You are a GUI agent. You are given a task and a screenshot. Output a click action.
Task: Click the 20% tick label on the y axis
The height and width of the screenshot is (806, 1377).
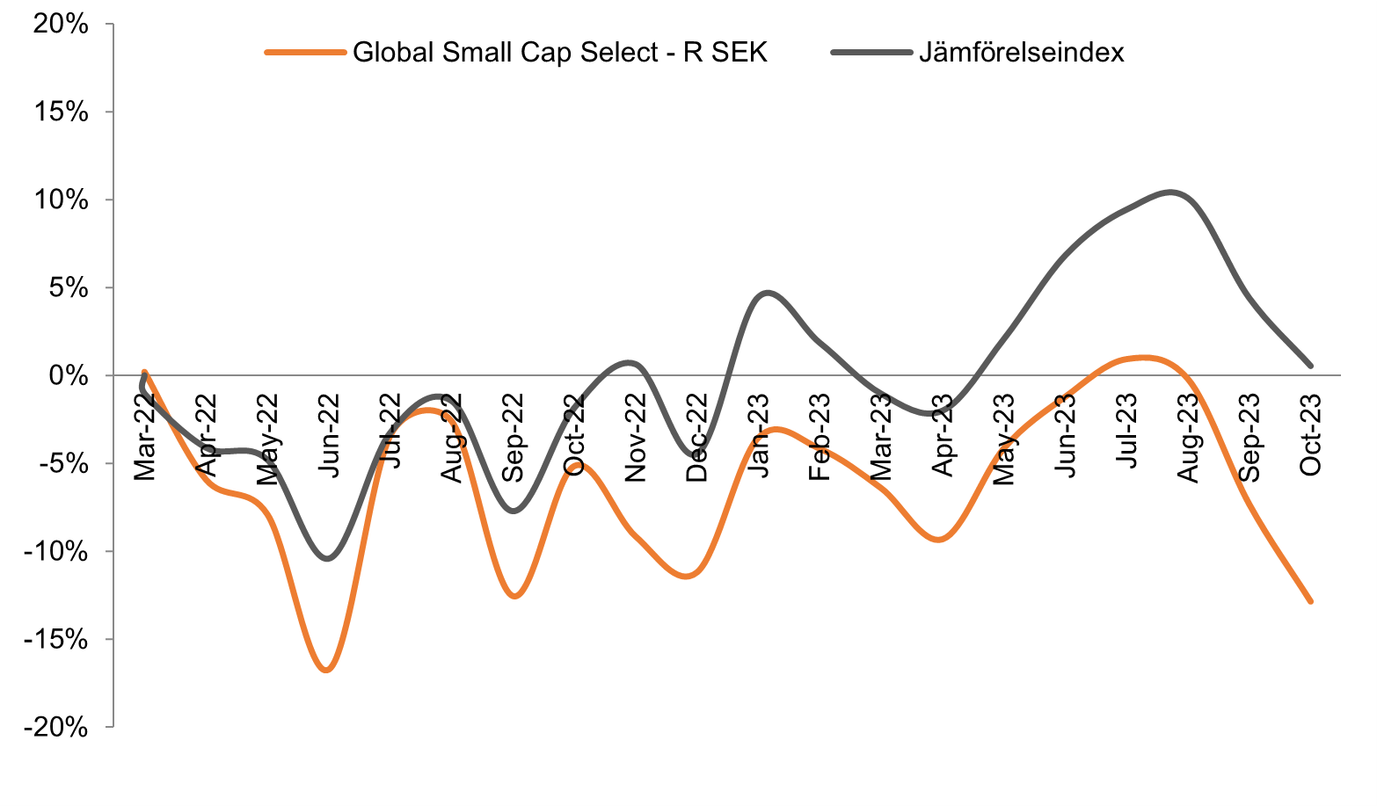[60, 25]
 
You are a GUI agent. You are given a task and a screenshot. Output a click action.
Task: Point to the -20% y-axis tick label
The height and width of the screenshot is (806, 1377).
[55, 728]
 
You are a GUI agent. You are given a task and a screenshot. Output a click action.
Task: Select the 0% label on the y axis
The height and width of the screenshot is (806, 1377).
[69, 376]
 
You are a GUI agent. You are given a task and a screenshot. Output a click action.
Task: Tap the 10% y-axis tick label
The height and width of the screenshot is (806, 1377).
[60, 200]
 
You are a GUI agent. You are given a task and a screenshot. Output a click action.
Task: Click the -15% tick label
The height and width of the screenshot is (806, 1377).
[55, 640]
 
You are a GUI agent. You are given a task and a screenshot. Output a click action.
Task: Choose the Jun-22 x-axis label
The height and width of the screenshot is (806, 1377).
[328, 436]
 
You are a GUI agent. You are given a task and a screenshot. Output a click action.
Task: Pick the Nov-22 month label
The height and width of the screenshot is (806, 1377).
[635, 437]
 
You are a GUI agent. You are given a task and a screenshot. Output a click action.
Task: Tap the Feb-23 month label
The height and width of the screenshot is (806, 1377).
[820, 437]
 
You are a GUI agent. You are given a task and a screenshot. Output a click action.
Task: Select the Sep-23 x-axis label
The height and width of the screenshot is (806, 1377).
[1249, 437]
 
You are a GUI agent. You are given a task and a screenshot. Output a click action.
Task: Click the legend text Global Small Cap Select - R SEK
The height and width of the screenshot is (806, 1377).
[559, 53]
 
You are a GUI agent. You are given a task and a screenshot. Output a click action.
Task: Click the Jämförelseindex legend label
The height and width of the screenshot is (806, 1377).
[1022, 53]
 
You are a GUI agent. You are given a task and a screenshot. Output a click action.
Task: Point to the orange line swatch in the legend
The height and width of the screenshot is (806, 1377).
[304, 53]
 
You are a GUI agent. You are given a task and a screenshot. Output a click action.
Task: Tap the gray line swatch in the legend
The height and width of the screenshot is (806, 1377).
[871, 53]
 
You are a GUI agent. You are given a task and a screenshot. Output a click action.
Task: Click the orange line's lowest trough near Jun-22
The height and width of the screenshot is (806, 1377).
[327, 671]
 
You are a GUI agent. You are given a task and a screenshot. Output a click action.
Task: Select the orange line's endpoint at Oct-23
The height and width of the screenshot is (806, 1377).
[1310, 601]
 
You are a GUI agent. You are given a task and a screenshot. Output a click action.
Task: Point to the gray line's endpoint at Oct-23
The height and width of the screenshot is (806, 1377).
[1310, 366]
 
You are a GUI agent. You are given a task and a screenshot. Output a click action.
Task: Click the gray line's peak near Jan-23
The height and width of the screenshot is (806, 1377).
[768, 293]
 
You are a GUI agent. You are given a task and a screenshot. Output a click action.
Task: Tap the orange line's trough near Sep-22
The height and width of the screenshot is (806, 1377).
[514, 597]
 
